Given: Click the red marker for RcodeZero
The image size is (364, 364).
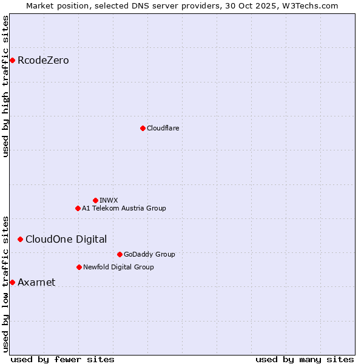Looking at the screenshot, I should (12, 60).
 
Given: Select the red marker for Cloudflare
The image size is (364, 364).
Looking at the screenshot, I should (143, 128).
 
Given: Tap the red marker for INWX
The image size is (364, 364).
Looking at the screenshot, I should (95, 200).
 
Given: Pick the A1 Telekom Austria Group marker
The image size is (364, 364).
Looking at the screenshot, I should (78, 208).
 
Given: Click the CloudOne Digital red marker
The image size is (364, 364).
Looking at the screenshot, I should (20, 239).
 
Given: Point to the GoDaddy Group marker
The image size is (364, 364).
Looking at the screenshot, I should (120, 254).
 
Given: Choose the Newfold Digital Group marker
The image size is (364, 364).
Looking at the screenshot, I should (79, 267).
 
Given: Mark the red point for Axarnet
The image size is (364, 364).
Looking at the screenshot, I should (12, 282).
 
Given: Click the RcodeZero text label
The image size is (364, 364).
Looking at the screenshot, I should (43, 60).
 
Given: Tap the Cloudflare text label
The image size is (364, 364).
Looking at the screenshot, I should (163, 128).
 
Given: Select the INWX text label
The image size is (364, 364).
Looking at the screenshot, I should (109, 200).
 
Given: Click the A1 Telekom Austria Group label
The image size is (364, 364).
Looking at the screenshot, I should (124, 208).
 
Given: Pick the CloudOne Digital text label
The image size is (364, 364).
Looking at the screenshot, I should (66, 239).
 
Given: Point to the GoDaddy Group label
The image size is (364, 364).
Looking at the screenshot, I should (149, 254).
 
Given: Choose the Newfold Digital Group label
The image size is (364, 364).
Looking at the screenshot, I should (118, 267).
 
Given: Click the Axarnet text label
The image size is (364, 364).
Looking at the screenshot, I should (36, 282).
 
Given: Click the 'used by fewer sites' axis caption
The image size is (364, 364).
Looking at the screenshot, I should (62, 359).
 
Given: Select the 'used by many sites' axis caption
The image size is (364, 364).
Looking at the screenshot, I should (305, 359).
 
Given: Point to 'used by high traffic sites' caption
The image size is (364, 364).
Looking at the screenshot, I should (5, 86).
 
